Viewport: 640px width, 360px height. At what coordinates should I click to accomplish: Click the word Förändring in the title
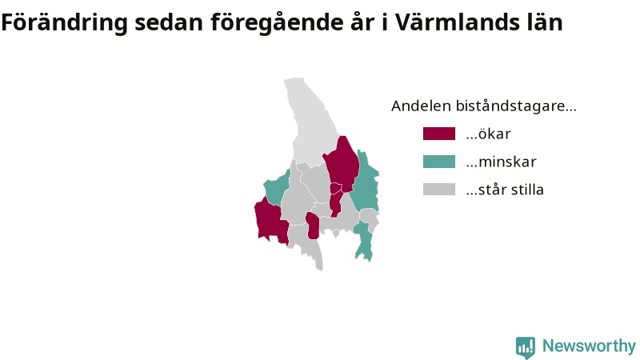[x=65, y=23]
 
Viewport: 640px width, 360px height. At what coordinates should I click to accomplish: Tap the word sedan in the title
[x=169, y=23]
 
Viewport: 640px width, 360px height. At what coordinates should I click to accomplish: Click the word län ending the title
[x=542, y=22]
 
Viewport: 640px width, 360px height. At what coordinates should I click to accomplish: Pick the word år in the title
[x=362, y=22]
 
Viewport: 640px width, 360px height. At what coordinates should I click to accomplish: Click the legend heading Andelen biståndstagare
[x=484, y=106]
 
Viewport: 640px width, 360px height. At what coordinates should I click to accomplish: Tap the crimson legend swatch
[x=439, y=134]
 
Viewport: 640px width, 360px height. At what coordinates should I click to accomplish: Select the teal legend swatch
[x=439, y=162]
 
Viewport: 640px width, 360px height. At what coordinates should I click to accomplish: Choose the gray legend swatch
[x=439, y=189]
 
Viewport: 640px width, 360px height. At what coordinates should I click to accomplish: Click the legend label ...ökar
[x=489, y=134]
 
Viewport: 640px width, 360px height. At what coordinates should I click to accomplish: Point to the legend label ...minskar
[x=502, y=162]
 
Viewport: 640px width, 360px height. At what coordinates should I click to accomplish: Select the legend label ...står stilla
[x=505, y=190]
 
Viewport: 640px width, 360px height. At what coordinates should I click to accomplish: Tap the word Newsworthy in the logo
[x=589, y=346]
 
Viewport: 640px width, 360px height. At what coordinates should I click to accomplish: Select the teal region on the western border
[x=276, y=188]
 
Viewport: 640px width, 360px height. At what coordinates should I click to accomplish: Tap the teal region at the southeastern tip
[x=363, y=241]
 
